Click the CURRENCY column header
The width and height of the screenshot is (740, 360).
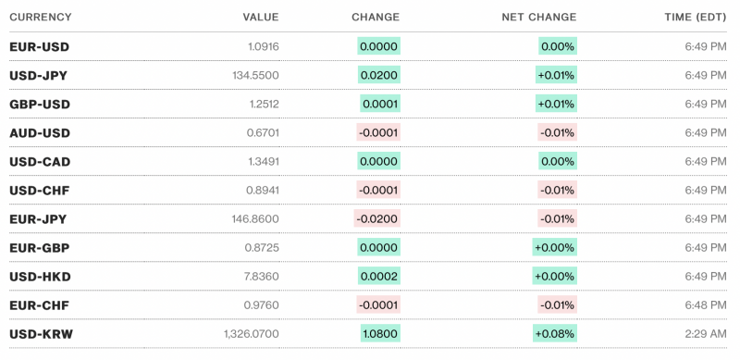[40, 18]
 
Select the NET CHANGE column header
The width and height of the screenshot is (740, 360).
[538, 18]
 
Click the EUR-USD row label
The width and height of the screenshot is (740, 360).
[39, 46]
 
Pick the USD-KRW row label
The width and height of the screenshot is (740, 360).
[40, 333]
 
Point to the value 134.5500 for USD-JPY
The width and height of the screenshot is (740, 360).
[254, 75]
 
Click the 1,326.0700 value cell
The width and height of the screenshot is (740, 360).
[251, 333]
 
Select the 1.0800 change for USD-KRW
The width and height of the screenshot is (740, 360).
[380, 333]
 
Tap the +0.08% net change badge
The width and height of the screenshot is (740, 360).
[555, 333]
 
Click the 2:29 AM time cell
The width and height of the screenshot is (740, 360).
[705, 333]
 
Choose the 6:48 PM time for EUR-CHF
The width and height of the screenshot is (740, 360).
[705, 304]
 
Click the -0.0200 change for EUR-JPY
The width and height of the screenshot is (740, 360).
[377, 218]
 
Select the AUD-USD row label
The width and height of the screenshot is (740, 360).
[40, 132]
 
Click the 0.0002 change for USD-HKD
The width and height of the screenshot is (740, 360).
[380, 276]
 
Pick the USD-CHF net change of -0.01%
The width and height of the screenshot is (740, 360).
[558, 190]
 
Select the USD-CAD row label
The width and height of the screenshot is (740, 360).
[40, 161]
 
